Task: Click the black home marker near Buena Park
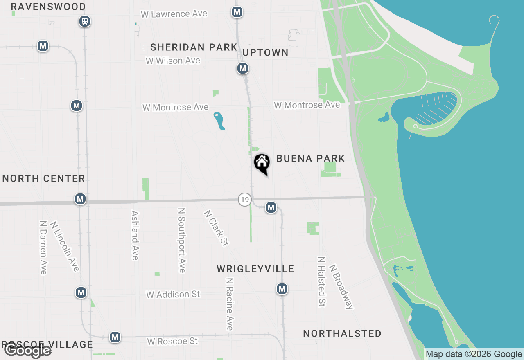(262, 163)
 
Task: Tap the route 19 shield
(244, 200)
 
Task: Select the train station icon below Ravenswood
(85, 21)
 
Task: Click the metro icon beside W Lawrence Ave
(237, 12)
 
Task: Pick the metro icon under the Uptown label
(243, 68)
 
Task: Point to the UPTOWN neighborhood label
(265, 52)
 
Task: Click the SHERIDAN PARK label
(194, 47)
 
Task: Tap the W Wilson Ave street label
(173, 61)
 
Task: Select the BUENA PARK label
(311, 158)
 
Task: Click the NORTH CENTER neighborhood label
(44, 178)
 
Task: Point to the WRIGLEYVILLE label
(255, 269)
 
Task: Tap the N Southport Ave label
(182, 240)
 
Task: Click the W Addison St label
(173, 294)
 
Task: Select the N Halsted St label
(322, 281)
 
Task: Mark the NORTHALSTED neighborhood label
(342, 333)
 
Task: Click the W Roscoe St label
(172, 341)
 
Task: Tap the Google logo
(27, 350)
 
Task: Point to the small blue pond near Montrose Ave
(219, 121)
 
